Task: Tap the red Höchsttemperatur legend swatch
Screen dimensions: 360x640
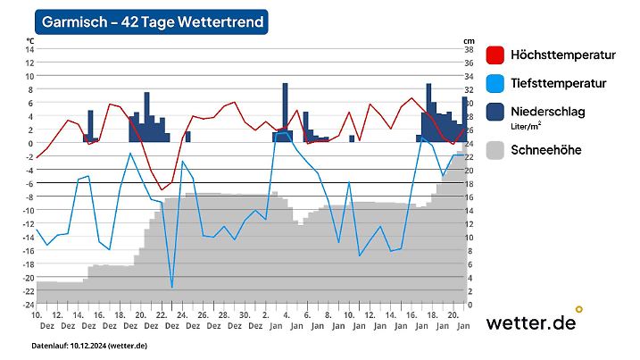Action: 496,55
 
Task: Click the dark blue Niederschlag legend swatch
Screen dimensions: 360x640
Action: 496,112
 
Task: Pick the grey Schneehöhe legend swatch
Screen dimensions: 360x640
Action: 496,150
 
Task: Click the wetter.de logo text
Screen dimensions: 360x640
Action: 530,322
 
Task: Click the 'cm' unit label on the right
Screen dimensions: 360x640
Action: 469,41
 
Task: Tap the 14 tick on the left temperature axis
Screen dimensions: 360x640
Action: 29,49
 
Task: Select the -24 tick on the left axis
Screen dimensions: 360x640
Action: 28,305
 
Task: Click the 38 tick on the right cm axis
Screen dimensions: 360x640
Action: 469,49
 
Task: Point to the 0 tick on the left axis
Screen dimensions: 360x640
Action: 30,143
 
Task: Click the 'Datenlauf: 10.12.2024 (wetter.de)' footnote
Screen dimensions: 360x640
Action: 89,345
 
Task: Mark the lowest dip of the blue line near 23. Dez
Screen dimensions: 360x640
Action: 172,288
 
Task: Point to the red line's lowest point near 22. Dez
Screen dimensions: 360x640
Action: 161,189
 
